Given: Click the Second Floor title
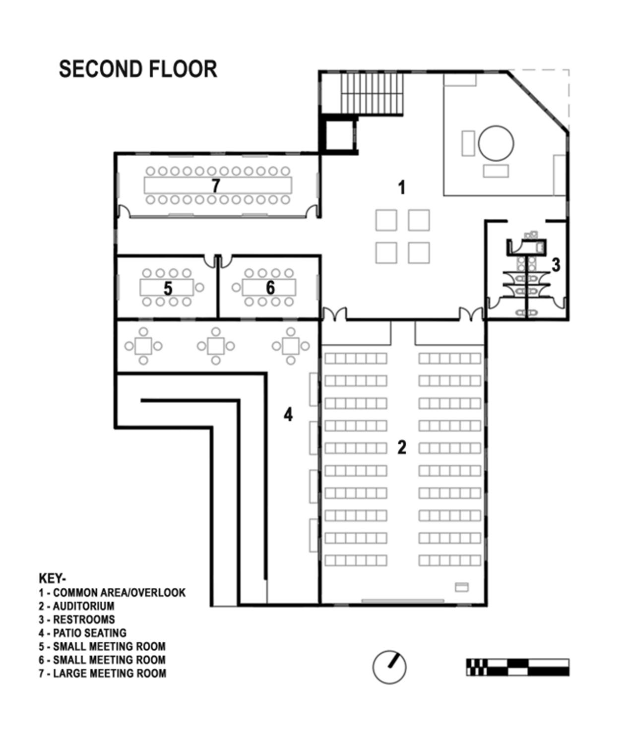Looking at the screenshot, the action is pos(138,69).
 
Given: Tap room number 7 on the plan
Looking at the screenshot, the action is pos(215,186).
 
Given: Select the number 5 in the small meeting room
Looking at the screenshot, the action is pos(168,288).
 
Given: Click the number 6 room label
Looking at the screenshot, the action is pos(270,287).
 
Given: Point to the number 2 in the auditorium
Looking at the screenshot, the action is pos(402,447).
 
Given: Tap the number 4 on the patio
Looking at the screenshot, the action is pos(288,414).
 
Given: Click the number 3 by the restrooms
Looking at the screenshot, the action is pos(556,265).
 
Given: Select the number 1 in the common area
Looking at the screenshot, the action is pos(402,187).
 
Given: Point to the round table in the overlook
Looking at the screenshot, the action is pos(496,142).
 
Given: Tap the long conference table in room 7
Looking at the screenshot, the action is pos(218,186).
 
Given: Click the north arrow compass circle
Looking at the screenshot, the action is pos(389,667).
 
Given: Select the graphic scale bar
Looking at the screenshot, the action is pos(517,667).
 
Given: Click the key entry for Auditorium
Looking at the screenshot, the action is pos(77,606).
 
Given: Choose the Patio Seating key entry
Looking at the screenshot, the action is pos(83,633).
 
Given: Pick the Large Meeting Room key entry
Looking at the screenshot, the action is pos(103,674).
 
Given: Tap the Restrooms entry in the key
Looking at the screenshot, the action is pos(77,620).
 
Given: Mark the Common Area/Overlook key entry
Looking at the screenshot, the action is pos(113,593).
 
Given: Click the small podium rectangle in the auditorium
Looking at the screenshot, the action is pos(462,587).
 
